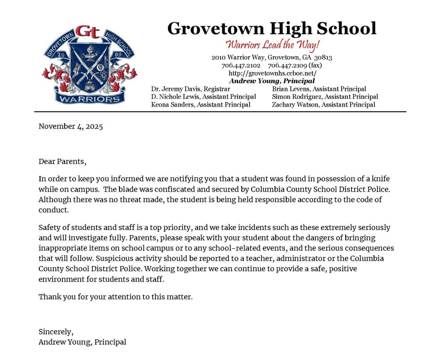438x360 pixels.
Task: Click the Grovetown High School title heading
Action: point(272,28)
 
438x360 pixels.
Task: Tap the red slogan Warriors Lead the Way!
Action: point(272,45)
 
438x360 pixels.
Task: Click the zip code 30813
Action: point(323,57)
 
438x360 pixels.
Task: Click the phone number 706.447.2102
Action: point(241,65)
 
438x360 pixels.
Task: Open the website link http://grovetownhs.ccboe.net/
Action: point(272,73)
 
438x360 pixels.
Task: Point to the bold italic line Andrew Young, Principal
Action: point(272,81)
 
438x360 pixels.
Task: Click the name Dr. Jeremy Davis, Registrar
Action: point(191,89)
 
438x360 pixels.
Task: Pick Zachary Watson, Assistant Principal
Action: point(323,105)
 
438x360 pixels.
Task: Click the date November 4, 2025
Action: point(71,127)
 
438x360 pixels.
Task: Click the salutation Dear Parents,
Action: point(62,161)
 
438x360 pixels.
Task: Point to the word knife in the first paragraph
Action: point(381,179)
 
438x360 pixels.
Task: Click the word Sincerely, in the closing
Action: point(56,332)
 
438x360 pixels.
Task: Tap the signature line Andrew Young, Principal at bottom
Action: point(82,342)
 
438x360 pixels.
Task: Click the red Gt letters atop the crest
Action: point(88,32)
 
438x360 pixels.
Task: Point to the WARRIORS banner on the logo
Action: point(89,99)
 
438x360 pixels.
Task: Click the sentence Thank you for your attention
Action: point(115,297)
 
